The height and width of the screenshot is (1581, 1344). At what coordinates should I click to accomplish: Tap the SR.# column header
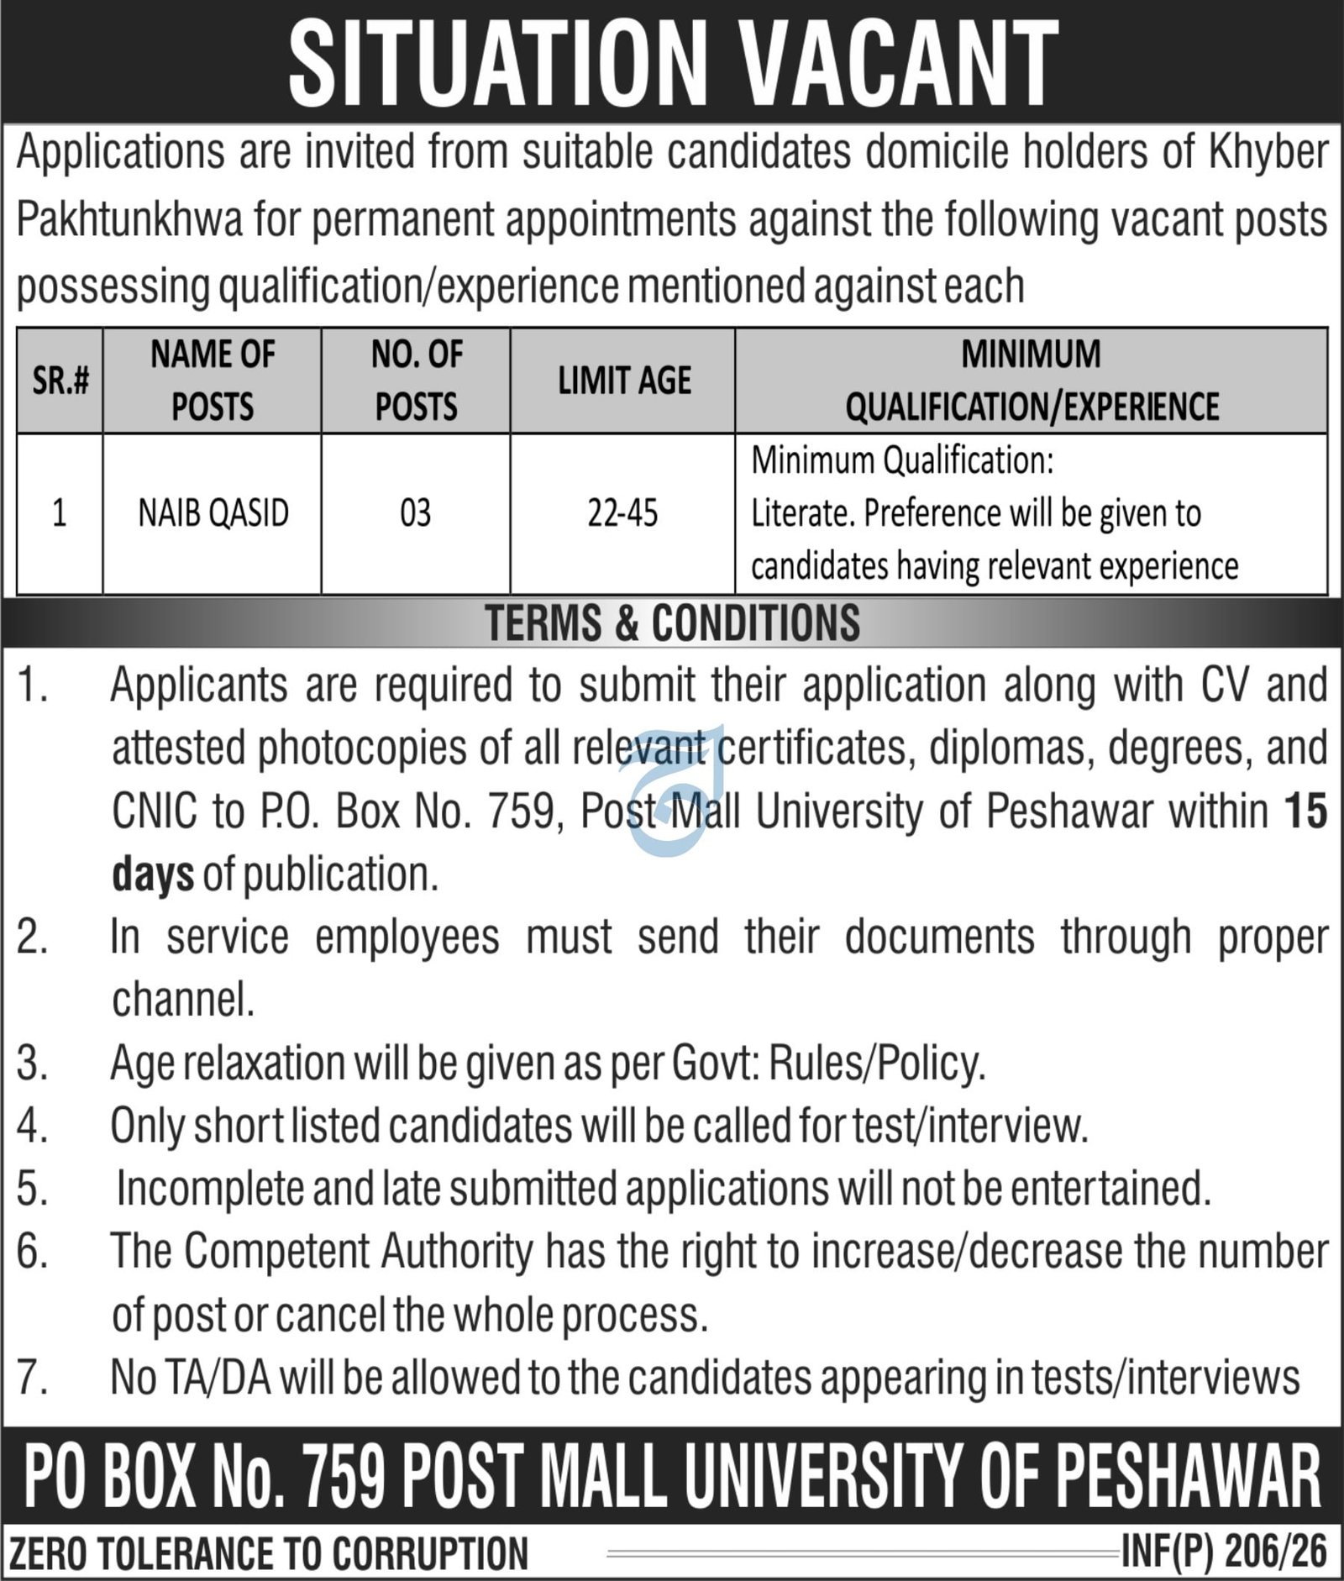click(60, 381)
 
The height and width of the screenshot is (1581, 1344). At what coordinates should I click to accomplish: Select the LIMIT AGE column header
click(624, 381)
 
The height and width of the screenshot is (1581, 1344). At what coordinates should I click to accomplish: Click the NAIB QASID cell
click(213, 513)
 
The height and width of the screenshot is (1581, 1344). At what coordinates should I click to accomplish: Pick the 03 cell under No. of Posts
click(416, 513)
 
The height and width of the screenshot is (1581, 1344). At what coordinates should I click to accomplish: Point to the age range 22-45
click(622, 513)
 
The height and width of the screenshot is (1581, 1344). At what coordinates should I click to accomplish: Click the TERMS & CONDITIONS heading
click(672, 623)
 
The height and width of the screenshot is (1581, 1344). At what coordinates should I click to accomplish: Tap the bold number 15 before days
click(1305, 812)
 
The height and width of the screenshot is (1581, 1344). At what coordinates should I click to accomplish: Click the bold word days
click(153, 875)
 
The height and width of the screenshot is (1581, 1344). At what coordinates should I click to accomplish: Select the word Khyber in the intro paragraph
click(1268, 154)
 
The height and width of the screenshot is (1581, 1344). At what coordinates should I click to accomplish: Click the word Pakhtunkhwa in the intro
click(129, 221)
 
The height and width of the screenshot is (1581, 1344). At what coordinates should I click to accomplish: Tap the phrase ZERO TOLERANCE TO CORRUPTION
click(269, 1552)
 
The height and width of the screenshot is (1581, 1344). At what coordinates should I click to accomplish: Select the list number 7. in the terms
click(32, 1379)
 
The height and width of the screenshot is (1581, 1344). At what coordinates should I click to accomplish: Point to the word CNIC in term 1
click(155, 812)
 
